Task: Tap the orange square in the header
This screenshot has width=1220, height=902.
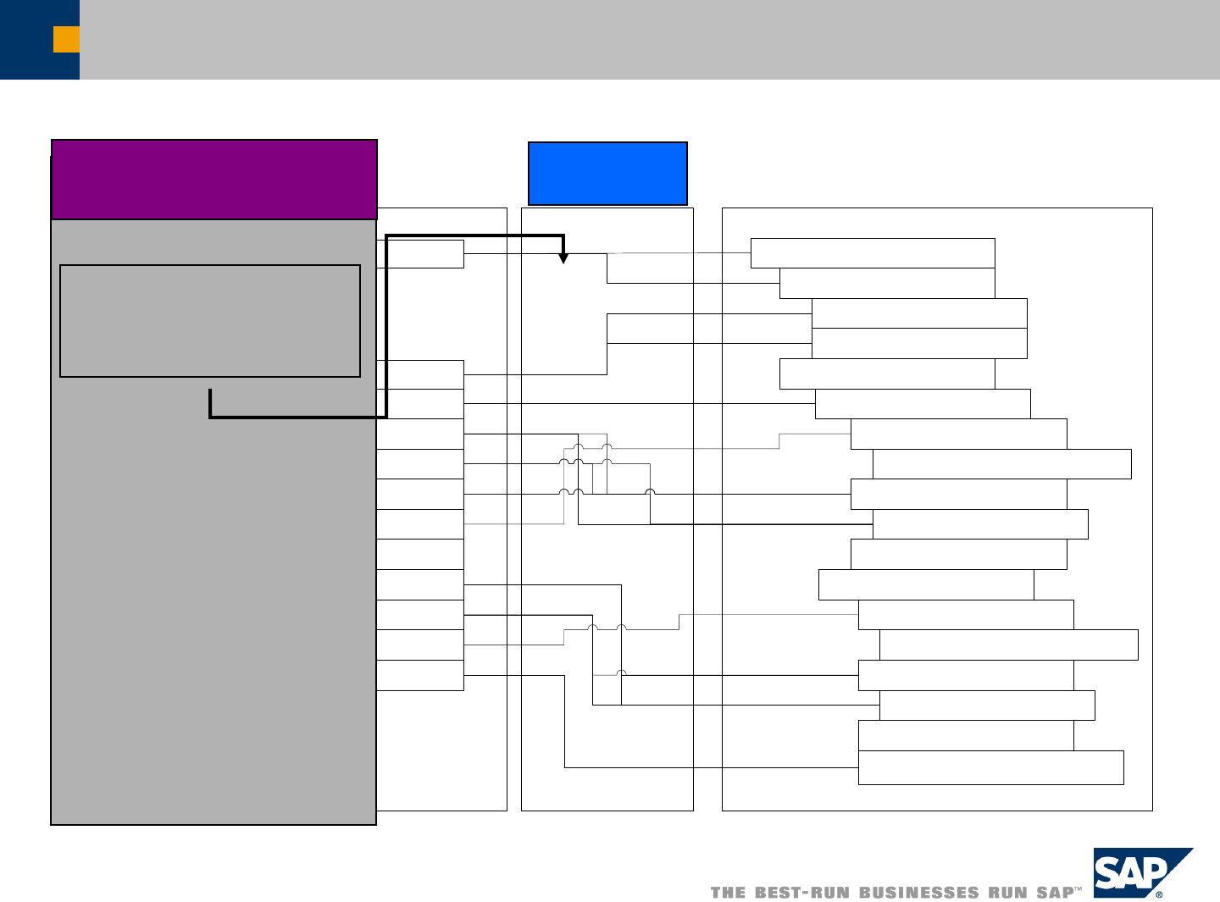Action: [x=66, y=39]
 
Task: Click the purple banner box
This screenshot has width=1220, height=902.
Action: [x=213, y=180]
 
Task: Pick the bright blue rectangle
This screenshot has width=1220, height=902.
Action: [x=607, y=174]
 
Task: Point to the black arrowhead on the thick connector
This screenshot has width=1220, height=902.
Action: [x=563, y=258]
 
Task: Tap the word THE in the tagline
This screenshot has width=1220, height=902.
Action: [x=729, y=893]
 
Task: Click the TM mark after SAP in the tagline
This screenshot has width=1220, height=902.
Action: [x=1079, y=889]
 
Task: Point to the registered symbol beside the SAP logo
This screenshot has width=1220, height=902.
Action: [x=1159, y=894]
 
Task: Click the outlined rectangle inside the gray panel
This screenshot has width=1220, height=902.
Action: [x=210, y=321]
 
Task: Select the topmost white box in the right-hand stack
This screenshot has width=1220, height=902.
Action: [x=873, y=253]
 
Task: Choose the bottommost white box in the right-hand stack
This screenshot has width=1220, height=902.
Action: [x=990, y=767]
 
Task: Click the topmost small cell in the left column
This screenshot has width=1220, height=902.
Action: [x=420, y=254]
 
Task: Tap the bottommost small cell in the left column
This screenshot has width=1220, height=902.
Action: [x=420, y=676]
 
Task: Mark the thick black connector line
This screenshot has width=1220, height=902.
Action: [x=386, y=339]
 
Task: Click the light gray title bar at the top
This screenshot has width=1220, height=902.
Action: [x=644, y=39]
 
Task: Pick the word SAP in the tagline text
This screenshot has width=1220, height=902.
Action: [x=1055, y=893]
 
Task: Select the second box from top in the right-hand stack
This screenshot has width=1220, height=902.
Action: [x=887, y=284]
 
